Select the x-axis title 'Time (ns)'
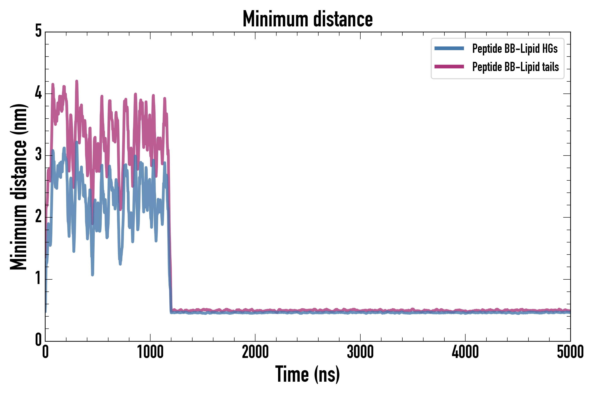307,374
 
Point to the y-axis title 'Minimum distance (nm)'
18,187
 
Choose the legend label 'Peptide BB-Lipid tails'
515,67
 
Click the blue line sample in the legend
449,48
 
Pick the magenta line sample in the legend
449,67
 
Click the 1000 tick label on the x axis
150,352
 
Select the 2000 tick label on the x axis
255,352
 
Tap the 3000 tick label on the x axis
360,352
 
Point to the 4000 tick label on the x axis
465,352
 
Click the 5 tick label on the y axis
38,31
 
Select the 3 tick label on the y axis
38,155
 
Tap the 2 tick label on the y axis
38,216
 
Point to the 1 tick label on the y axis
38,278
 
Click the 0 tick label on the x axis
46,352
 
